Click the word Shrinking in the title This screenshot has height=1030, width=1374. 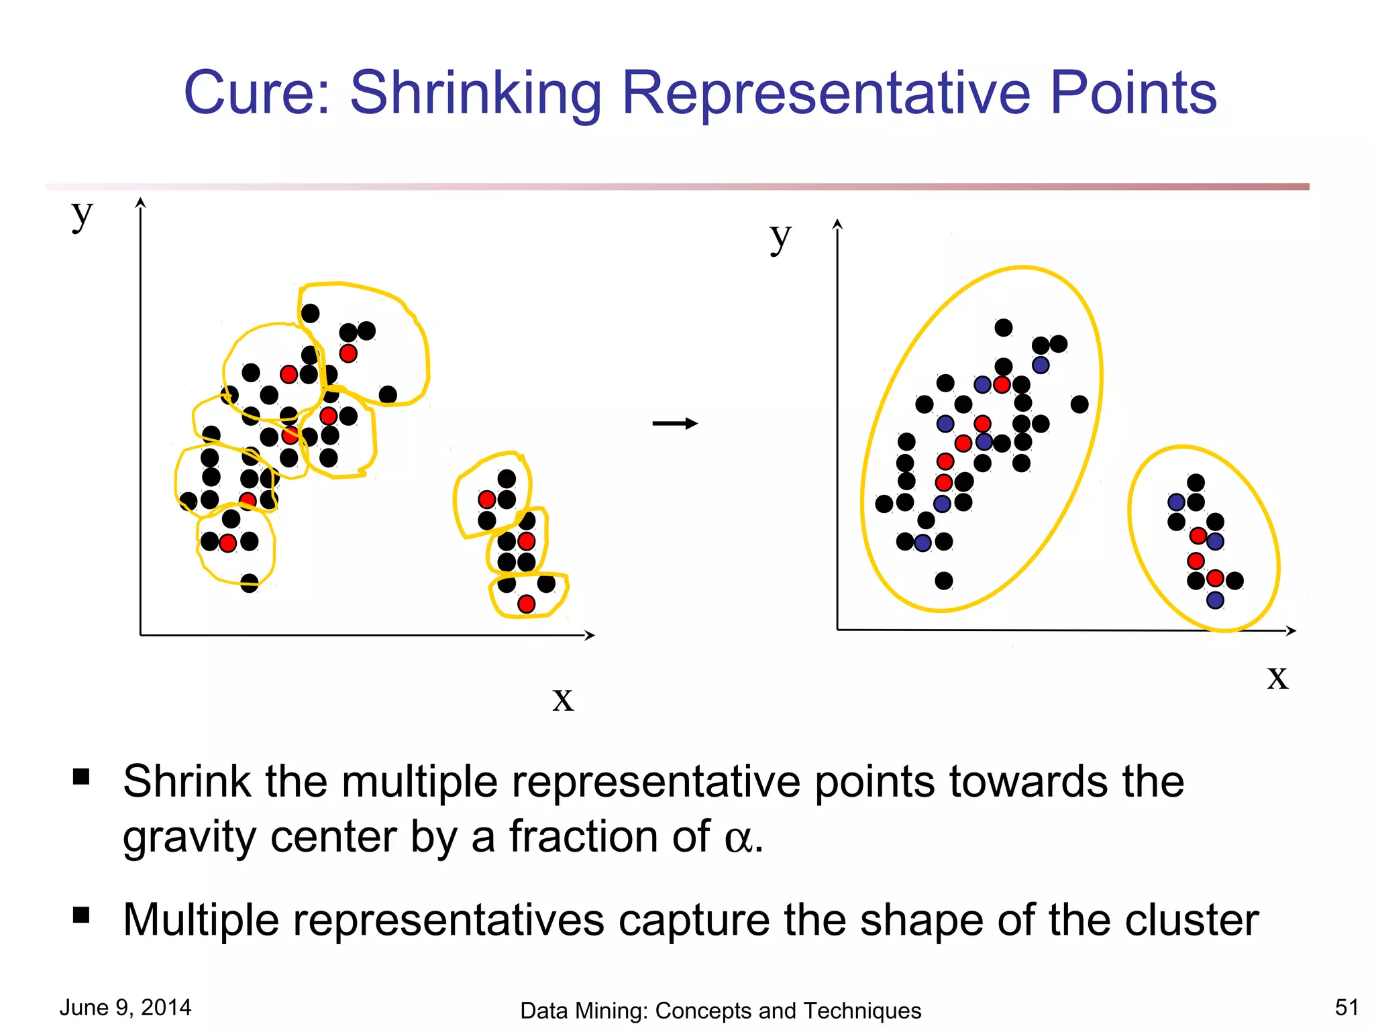tap(476, 94)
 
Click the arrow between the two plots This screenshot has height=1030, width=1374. tap(675, 423)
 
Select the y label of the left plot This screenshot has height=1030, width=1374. tap(82, 215)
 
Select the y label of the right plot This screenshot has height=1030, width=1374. tap(780, 237)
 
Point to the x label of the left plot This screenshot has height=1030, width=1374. tap(563, 699)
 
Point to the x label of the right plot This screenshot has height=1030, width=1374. tap(1277, 677)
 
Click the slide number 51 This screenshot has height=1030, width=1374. tap(1346, 1007)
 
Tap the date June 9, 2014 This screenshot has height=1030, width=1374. tap(125, 1007)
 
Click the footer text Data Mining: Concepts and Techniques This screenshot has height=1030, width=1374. tap(721, 1011)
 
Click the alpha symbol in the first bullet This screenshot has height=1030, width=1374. tap(739, 839)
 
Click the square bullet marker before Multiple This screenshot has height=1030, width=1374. tap(81, 915)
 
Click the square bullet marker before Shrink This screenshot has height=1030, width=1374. tap(81, 777)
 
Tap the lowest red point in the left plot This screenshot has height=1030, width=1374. tap(527, 604)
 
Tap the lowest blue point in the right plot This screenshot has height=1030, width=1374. tap(1215, 600)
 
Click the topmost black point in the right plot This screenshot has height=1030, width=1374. tap(1004, 327)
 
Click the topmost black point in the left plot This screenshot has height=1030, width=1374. tap(310, 313)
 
